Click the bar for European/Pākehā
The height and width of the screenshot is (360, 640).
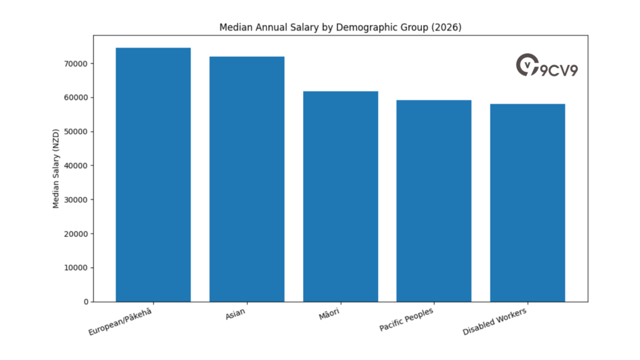coord(153,175)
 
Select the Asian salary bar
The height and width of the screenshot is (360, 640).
coord(247,179)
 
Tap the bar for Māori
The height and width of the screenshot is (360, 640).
coord(341,196)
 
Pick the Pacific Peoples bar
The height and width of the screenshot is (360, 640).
coord(434,201)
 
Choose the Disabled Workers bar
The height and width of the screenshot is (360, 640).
coord(527,202)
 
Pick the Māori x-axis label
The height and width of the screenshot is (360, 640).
coord(330,314)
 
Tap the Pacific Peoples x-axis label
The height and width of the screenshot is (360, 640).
coord(406,319)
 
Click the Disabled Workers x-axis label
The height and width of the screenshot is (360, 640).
coord(495,321)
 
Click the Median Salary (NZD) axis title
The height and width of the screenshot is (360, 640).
coord(56,169)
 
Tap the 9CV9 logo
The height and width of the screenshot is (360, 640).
coord(547,66)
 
